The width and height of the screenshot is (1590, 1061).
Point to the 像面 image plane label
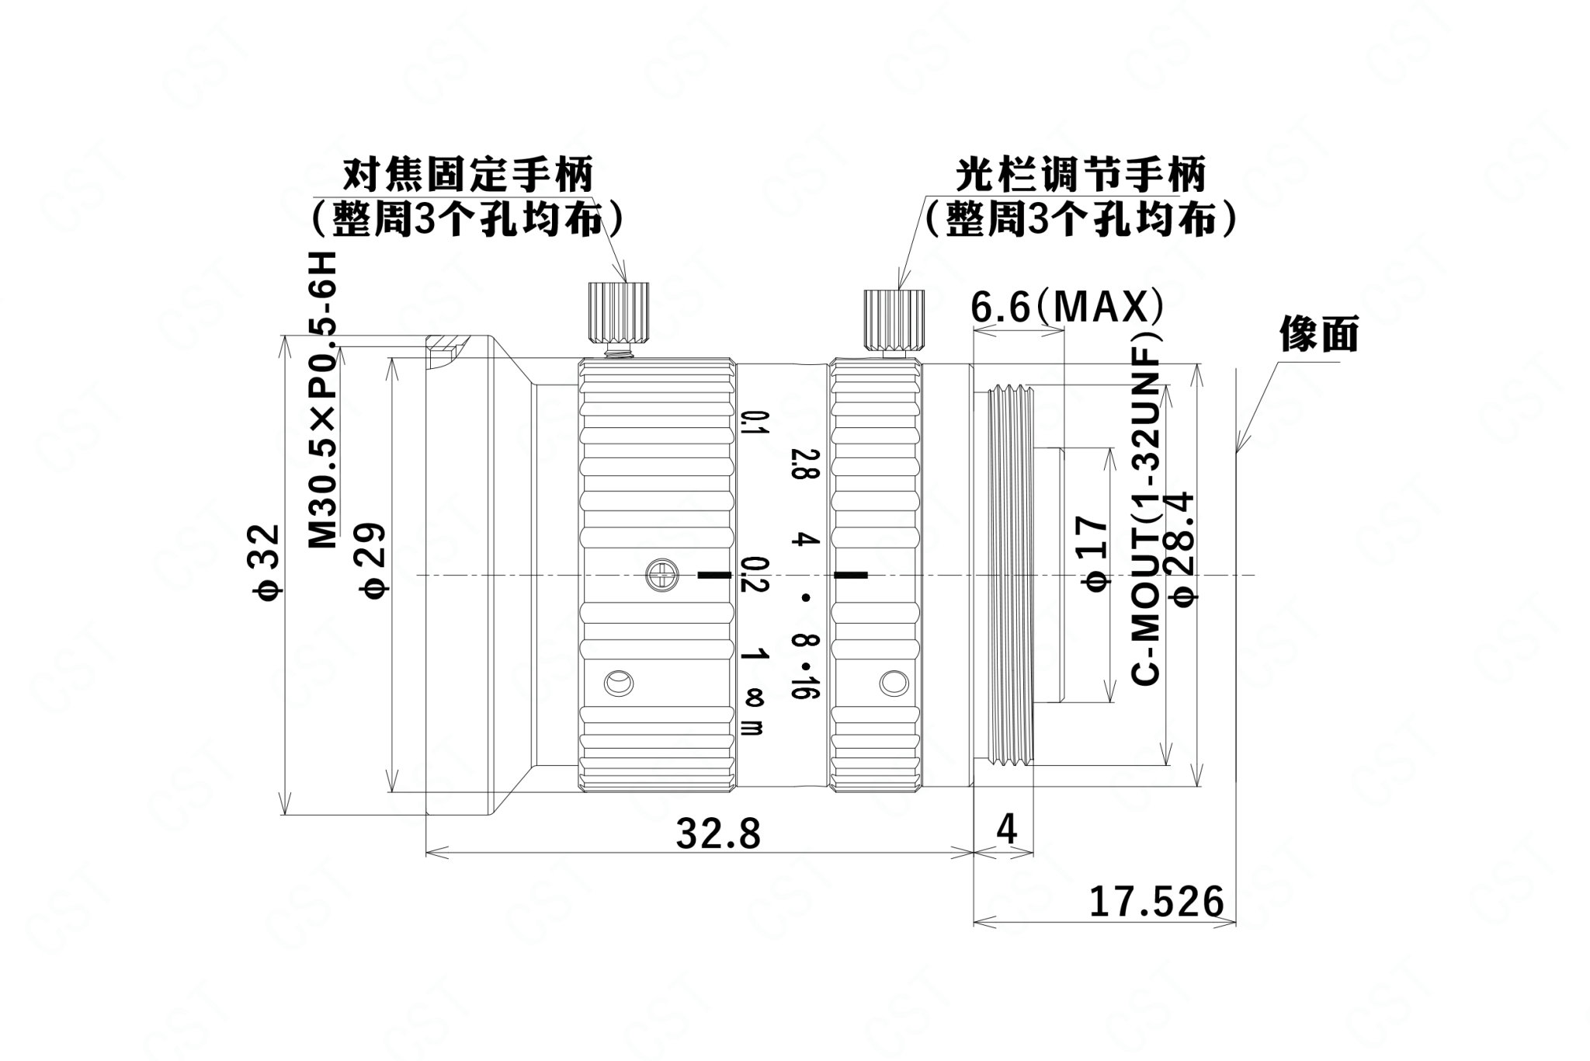(x=1319, y=335)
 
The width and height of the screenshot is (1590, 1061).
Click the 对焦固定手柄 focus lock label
(x=468, y=175)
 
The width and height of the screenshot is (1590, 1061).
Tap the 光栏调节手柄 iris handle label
(x=1080, y=175)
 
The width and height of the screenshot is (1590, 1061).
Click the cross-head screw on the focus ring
(x=661, y=576)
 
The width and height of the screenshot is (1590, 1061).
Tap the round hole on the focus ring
(x=619, y=684)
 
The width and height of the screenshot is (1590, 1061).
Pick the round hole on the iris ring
(x=894, y=682)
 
